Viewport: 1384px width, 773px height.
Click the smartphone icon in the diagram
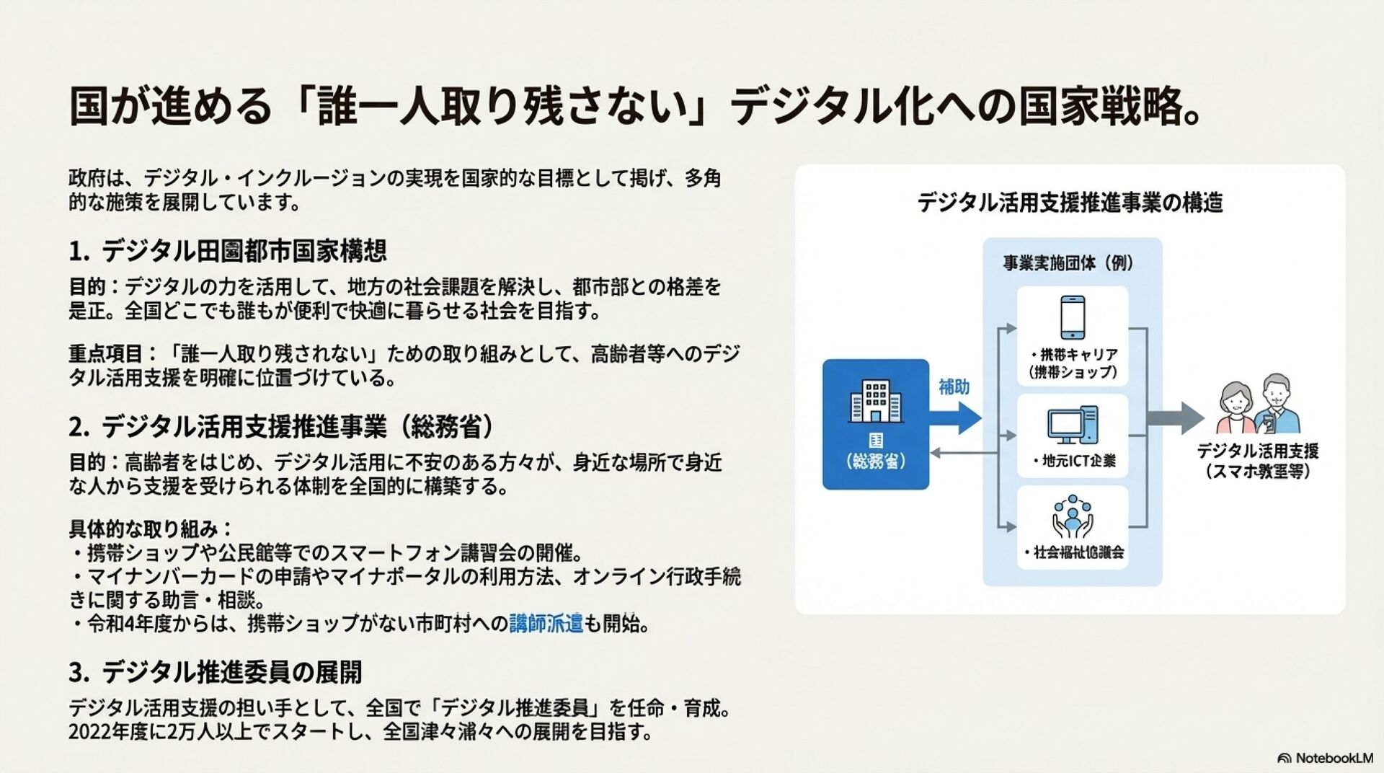pos(1073,317)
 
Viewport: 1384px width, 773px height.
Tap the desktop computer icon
pos(1073,425)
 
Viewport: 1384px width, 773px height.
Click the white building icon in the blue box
pos(875,401)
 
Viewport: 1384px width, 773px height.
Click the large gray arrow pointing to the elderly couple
pos(1175,418)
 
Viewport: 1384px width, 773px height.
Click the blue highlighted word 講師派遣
pos(546,624)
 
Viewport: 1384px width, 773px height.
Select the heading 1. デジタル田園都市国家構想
pos(228,251)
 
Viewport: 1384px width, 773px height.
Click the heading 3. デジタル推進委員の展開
pos(215,672)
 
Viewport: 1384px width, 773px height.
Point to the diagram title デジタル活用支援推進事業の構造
pos(1070,203)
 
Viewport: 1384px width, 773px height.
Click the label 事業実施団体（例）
pos(1069,262)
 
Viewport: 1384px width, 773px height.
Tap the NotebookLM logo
pos(1325,758)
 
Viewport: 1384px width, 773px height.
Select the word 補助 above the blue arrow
pos(954,387)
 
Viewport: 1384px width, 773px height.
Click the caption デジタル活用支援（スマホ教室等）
pos(1258,461)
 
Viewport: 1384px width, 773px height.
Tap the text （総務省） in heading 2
pos(446,427)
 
